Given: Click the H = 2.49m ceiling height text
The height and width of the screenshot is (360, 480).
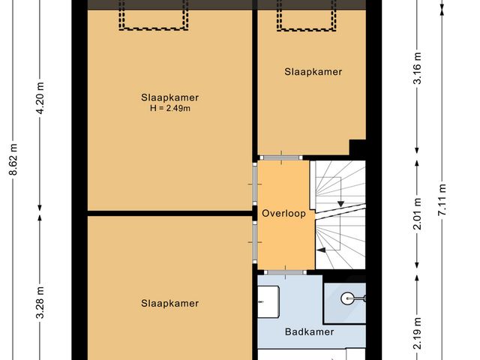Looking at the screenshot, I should point(169,109).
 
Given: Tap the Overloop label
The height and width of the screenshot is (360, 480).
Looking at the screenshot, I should point(283,214).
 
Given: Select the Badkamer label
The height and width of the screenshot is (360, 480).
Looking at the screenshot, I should point(308,331).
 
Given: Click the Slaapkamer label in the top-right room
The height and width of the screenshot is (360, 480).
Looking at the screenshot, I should point(313,72).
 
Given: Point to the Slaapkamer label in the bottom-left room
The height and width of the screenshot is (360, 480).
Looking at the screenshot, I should point(169,303).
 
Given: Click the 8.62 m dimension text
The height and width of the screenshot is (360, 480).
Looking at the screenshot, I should point(13,160).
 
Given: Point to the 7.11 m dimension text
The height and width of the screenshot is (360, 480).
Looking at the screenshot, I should point(442,199).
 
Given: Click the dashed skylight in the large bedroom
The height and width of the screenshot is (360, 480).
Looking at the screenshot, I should point(151,16).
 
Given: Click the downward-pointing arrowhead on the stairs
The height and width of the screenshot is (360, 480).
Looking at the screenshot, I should point(340,203).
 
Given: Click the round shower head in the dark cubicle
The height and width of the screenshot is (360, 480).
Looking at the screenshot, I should point(347,298).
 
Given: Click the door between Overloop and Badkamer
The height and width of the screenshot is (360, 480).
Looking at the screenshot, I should point(283,271).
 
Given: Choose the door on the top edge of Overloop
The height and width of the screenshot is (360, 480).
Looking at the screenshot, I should point(283,157).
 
